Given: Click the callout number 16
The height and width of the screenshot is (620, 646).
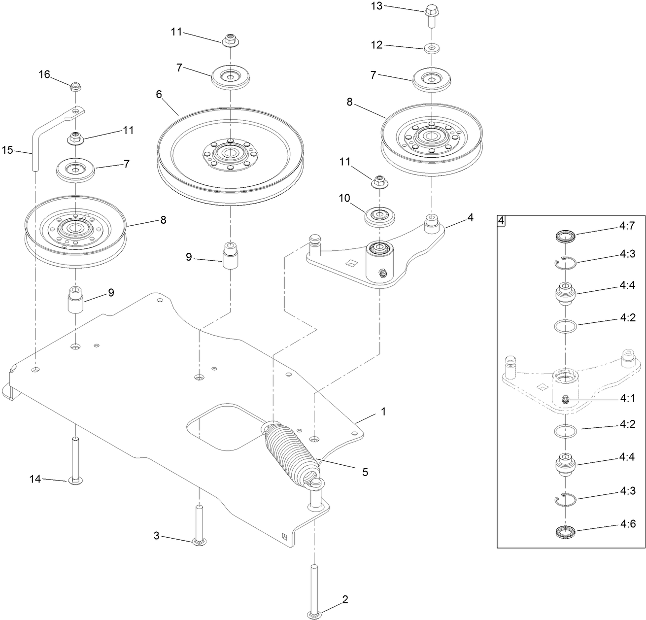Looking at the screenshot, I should [x=44, y=74].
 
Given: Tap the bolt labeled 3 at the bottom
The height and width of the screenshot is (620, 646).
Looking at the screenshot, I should [x=199, y=525].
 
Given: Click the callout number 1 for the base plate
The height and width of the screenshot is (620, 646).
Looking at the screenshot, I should [x=383, y=411].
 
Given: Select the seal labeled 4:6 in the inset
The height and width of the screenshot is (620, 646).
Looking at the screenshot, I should [x=565, y=533].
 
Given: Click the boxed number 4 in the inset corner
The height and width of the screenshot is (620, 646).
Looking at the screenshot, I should [x=501, y=220].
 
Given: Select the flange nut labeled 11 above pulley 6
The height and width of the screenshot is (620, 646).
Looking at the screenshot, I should [x=230, y=39].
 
